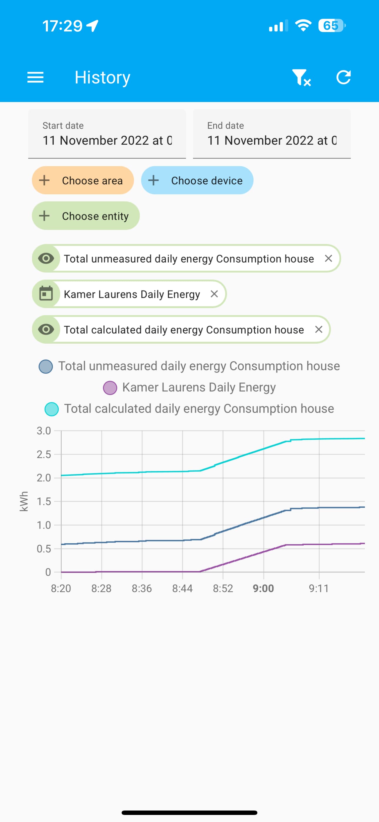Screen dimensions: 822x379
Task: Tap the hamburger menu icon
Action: tap(36, 77)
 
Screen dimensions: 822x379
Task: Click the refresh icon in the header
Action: tap(343, 77)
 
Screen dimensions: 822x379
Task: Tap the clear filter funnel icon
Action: tap(301, 78)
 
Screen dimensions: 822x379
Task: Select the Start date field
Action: tap(107, 134)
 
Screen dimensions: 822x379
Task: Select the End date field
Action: tap(271, 134)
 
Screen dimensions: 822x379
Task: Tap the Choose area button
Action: tap(83, 180)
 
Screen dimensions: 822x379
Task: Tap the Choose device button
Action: tap(197, 180)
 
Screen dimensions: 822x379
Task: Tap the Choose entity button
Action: tap(85, 216)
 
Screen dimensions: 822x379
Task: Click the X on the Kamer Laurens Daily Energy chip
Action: tap(214, 294)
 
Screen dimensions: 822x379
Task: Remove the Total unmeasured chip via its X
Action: tap(328, 258)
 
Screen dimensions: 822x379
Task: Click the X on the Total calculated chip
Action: tap(318, 329)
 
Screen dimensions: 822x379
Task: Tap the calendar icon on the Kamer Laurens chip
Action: tap(46, 294)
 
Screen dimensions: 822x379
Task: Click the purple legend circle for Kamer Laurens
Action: tap(110, 388)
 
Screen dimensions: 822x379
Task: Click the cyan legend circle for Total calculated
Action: tap(52, 409)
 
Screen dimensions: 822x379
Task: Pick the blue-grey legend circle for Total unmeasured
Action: tap(46, 366)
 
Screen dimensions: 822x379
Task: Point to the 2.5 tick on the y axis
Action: tap(44, 455)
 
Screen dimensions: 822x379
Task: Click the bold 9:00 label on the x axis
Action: tap(263, 588)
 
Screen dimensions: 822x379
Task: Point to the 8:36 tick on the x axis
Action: tap(142, 588)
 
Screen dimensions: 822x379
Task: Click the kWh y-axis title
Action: tap(24, 501)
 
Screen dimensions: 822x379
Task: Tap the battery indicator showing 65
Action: tap(331, 26)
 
